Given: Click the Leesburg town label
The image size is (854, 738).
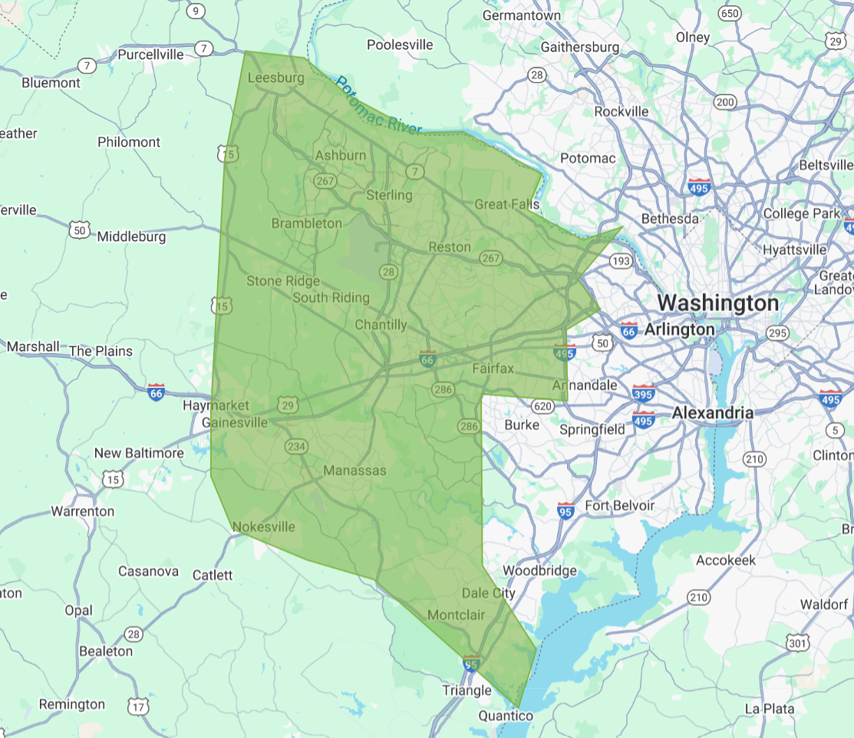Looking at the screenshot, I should tap(275, 78).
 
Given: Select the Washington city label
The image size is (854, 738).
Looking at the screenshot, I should tap(717, 303).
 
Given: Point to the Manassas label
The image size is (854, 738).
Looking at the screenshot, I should tap(354, 470).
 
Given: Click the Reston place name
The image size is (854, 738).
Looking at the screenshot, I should tap(449, 247).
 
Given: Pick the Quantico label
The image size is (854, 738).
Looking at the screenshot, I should tap(505, 716).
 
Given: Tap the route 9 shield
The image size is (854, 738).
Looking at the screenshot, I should tap(196, 11).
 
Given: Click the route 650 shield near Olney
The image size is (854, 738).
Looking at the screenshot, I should tap(730, 13).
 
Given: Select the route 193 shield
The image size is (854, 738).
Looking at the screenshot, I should tap(620, 262).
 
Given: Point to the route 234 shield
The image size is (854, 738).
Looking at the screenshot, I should tap(296, 446).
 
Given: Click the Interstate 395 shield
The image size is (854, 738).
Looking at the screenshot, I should tap(644, 392).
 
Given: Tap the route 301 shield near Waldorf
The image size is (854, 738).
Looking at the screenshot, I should tap(798, 642).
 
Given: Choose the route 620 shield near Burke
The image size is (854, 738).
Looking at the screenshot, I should tap(542, 405).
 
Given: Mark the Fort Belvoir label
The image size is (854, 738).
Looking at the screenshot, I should tap(619, 505).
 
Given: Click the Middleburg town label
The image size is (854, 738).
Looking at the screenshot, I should tap(131, 237).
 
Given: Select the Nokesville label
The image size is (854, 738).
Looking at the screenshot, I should tap(263, 527).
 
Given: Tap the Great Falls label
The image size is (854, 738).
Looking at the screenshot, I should tap(506, 204).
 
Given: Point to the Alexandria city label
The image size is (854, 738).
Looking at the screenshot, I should tap(713, 413).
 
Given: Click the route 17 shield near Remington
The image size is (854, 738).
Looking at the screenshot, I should tap(138, 706).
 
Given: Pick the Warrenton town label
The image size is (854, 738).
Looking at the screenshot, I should tap(82, 511).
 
